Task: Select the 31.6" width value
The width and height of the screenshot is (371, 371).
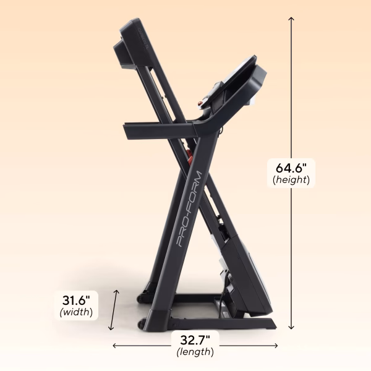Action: click(x=77, y=300)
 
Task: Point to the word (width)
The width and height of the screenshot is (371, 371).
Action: click(x=77, y=312)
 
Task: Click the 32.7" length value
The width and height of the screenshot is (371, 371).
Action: click(x=195, y=339)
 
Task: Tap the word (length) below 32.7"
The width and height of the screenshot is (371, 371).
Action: click(x=195, y=352)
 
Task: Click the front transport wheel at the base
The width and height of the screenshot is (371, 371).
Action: click(x=142, y=322)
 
